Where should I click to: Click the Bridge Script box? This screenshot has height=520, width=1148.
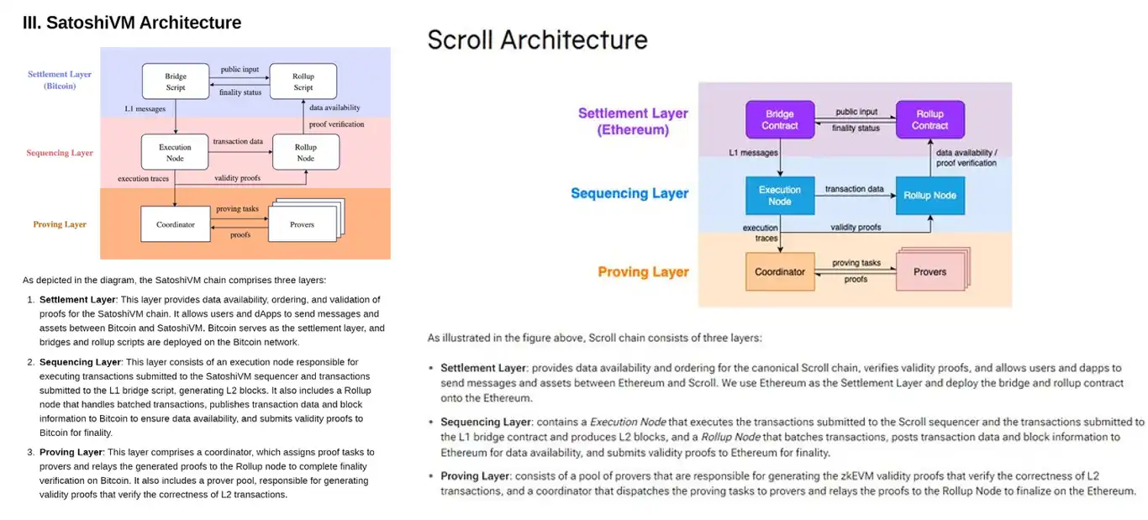pyautogui.click(x=176, y=81)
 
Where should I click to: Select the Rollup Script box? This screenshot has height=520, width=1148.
pyautogui.click(x=303, y=81)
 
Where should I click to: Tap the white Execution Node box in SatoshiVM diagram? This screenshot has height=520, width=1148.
pyautogui.click(x=176, y=152)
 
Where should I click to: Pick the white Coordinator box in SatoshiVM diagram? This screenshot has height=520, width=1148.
pyautogui.click(x=176, y=224)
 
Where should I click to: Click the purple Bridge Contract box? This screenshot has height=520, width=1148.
pyautogui.click(x=780, y=119)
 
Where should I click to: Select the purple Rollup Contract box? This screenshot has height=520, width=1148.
pyautogui.click(x=929, y=119)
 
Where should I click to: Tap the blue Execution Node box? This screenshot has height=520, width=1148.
pyautogui.click(x=780, y=196)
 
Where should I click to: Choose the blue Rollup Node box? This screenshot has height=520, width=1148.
pyautogui.click(x=929, y=196)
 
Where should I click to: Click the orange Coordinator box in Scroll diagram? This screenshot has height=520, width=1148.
pyautogui.click(x=780, y=272)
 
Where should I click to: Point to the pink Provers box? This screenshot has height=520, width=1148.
pyautogui.click(x=929, y=272)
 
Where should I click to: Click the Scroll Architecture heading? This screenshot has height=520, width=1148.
pyautogui.click(x=538, y=39)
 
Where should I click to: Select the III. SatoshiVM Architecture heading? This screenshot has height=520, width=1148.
pyautogui.click(x=132, y=23)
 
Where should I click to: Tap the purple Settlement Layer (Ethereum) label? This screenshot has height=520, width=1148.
pyautogui.click(x=633, y=122)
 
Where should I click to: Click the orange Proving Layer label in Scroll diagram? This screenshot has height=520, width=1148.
pyautogui.click(x=643, y=272)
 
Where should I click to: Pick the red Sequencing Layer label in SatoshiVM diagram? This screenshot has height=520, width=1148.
pyautogui.click(x=60, y=153)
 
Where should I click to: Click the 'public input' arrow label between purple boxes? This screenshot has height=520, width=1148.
pyautogui.click(x=856, y=112)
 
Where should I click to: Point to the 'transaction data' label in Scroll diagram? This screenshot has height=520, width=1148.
pyautogui.click(x=854, y=189)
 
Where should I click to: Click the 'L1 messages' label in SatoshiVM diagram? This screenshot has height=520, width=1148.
pyautogui.click(x=145, y=108)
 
